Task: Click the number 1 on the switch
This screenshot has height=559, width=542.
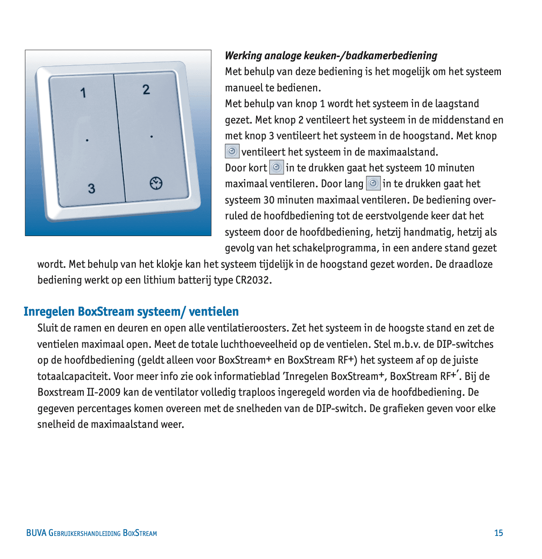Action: tap(83, 93)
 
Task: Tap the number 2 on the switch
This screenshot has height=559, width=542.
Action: tap(146, 90)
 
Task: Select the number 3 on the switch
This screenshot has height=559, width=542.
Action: tap(91, 189)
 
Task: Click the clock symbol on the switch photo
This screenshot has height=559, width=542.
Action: tap(156, 183)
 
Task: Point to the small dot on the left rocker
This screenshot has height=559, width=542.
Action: tap(87, 140)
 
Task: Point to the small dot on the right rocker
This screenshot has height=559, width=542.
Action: tap(152, 137)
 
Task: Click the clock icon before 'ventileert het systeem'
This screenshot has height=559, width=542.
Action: tap(232, 151)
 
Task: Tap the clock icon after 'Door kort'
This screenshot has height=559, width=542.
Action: tap(276, 167)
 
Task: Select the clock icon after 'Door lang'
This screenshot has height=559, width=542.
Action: tap(373, 183)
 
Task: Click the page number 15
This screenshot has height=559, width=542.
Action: tap(499, 533)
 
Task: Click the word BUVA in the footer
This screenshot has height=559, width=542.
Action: tap(36, 533)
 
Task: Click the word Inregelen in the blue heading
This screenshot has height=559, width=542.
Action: tap(49, 312)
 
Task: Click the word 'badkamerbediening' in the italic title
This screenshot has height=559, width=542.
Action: tap(391, 56)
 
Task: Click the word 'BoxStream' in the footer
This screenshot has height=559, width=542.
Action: tap(140, 533)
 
